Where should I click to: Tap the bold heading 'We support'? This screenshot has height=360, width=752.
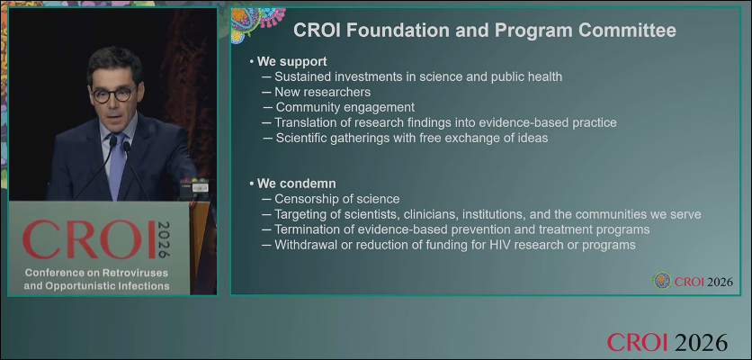(x=292, y=61)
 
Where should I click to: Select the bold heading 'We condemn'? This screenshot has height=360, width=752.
(x=296, y=184)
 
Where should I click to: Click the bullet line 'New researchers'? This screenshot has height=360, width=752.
(x=322, y=92)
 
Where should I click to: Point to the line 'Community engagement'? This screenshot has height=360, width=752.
(x=345, y=107)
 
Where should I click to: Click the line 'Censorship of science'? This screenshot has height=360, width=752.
(x=336, y=199)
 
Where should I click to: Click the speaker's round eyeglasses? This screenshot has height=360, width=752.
(x=113, y=94)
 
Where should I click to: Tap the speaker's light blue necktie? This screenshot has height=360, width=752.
(x=117, y=165)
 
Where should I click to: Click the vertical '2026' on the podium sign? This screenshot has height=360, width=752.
(x=164, y=239)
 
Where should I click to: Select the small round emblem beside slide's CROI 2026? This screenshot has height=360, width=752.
(x=662, y=280)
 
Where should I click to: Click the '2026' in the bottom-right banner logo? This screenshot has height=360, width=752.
(x=700, y=342)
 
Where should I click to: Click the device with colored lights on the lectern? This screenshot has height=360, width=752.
(x=194, y=188)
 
